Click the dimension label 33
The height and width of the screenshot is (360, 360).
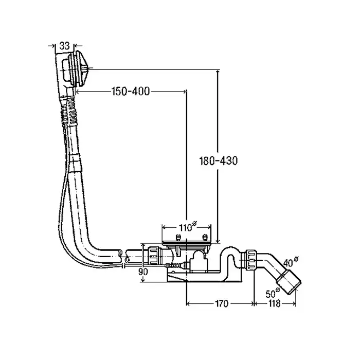click(x=64, y=46)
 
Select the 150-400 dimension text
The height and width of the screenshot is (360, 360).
click(x=131, y=92)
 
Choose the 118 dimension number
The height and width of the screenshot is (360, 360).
click(x=274, y=304)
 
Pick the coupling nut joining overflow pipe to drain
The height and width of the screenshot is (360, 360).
click(x=153, y=255)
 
